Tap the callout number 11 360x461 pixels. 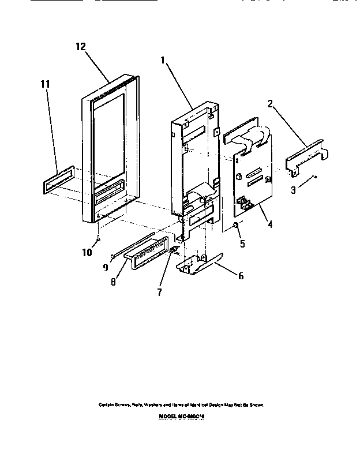coord(44,84)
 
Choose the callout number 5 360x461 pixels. coord(242,243)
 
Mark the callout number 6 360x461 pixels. coord(240,276)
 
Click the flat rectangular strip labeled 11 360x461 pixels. coord(58,180)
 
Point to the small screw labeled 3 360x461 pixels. coord(314,177)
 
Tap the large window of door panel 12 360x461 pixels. coord(107,136)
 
